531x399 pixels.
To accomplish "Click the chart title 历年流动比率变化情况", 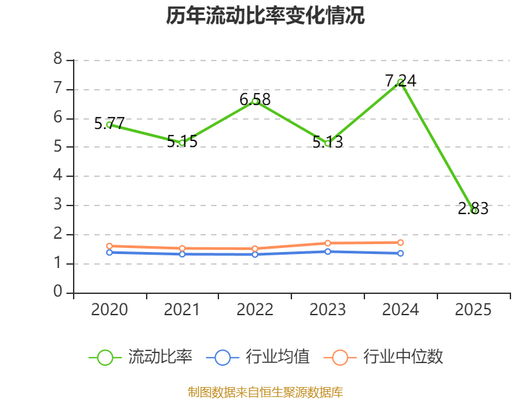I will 265,15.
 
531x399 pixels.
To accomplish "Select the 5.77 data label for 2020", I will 110,123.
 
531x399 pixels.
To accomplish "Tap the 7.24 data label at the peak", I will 401,80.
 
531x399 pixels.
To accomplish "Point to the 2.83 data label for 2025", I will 473,209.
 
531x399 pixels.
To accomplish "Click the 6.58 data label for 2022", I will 255,100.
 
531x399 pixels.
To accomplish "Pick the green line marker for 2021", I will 182,142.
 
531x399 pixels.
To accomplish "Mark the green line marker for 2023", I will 328,143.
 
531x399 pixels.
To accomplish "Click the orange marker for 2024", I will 401,242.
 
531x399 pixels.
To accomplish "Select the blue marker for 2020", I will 110,252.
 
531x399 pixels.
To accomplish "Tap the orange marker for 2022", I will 255,249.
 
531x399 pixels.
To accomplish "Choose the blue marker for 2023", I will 328,251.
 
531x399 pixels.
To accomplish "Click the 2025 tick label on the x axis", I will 473,309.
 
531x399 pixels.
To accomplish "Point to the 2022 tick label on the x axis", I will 255,309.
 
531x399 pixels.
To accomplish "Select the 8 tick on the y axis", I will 58,59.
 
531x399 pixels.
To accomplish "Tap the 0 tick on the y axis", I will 58,292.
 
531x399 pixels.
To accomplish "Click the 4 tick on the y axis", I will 58,176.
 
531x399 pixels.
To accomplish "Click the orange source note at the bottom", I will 265,392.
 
